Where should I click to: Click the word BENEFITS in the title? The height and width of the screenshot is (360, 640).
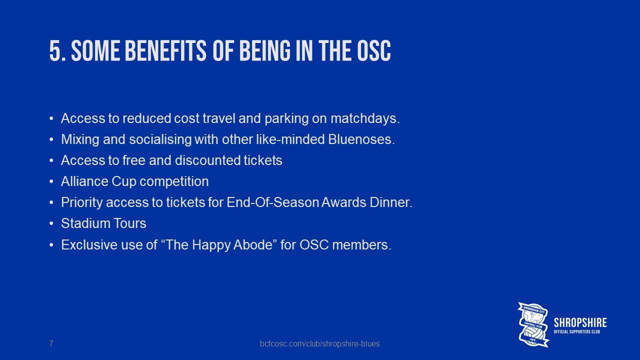point(165,51)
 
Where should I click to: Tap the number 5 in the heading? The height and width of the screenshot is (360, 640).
point(55,51)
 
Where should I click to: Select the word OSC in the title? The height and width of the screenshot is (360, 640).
point(373,51)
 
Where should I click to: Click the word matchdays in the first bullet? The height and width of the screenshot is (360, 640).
point(365,118)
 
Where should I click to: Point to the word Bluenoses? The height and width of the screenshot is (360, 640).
point(361,139)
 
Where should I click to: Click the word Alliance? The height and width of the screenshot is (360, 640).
point(85,181)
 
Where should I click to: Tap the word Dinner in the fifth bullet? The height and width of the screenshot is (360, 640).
point(391,202)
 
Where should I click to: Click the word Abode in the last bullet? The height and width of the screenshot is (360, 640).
point(253,245)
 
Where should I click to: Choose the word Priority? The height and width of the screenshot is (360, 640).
point(82,203)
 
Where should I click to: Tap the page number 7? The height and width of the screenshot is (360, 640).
point(51,343)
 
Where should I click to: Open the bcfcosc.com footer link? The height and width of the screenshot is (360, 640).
point(319,343)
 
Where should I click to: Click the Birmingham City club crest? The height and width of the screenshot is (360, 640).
point(533,324)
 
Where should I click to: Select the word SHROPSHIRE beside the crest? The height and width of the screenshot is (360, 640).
point(580,322)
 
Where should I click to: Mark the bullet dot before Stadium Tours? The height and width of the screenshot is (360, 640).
point(51,223)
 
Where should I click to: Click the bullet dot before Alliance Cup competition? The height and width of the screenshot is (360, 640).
point(51,181)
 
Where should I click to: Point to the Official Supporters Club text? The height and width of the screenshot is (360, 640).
point(577,331)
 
